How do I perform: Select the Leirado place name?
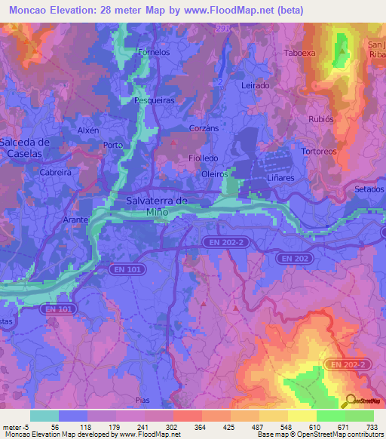click(x=256, y=86)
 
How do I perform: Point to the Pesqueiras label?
click(x=154, y=100)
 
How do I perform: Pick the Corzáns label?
click(x=204, y=128)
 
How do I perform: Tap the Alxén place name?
click(x=88, y=130)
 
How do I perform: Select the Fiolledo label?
click(x=203, y=158)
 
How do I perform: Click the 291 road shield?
click(x=221, y=28)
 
